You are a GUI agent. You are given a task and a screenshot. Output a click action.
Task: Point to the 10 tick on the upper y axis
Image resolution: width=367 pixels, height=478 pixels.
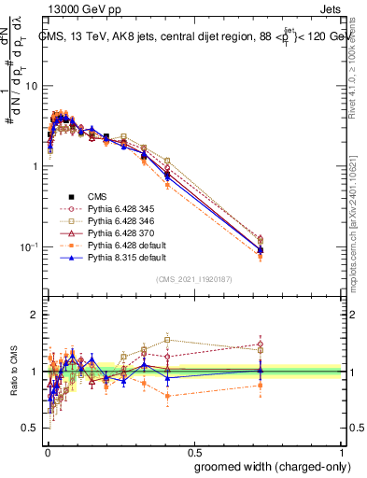(x=31, y=86)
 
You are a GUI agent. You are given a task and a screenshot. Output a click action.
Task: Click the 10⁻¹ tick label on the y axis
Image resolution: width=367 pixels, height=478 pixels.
(x=29, y=247)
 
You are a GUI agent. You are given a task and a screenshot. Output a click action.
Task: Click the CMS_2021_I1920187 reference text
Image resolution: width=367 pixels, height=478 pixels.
(x=195, y=279)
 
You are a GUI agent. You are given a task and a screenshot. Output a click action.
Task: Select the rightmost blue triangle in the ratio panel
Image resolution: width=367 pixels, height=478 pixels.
(x=261, y=370)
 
